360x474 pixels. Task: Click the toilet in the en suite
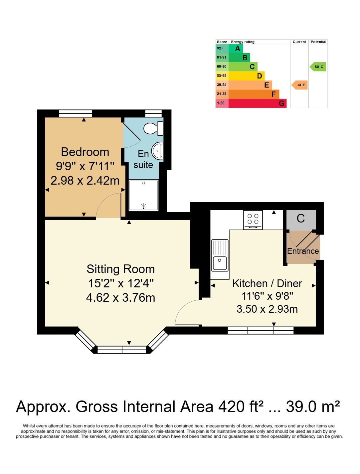[x=153, y=128]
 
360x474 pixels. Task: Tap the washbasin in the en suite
[x=157, y=151]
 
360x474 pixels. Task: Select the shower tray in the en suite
[x=143, y=195]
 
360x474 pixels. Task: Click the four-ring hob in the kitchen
[x=253, y=220]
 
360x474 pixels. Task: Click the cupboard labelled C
[x=301, y=220]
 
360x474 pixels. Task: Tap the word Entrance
[x=303, y=251]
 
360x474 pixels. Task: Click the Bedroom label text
[x=85, y=152]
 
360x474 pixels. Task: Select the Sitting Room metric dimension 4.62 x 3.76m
[x=120, y=298]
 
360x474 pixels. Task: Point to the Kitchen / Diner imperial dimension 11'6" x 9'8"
[x=267, y=296]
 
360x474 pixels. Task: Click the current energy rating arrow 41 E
[x=299, y=85]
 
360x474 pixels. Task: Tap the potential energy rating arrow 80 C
[x=317, y=67]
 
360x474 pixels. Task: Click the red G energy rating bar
[x=257, y=103]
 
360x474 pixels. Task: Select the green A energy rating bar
[x=235, y=49]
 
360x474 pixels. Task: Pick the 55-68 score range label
[x=222, y=76]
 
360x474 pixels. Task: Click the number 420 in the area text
[x=231, y=406]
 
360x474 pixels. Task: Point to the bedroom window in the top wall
[x=76, y=113]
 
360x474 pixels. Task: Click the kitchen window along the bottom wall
[x=261, y=330]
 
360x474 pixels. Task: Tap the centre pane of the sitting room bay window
[x=122, y=350]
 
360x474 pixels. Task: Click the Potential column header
[x=318, y=42]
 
